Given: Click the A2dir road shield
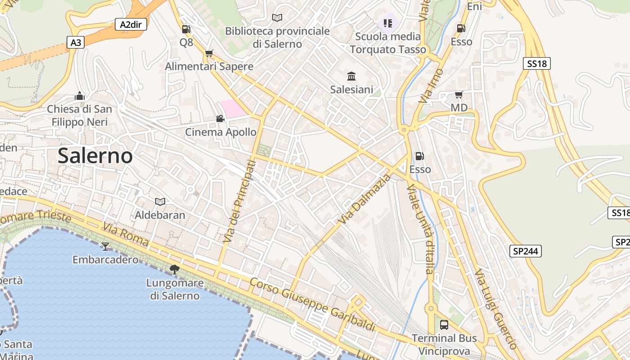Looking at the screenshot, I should click(130, 24).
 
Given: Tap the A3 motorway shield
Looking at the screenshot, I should click(76, 43).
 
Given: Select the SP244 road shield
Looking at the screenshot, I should click(525, 251).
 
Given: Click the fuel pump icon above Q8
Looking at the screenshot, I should click(186, 29).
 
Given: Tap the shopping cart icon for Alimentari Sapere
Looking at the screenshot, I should click(209, 54).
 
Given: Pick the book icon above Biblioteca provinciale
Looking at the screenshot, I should click(277, 18).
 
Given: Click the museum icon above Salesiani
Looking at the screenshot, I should click(351, 76).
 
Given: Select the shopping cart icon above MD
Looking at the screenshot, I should click(459, 94).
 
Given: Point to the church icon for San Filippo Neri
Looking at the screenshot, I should click(80, 96).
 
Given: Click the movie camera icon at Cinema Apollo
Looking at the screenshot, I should click(220, 119).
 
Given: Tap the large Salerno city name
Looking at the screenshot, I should click(95, 156).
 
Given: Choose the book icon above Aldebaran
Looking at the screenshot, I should click(160, 202).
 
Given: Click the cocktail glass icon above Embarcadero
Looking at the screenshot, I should click(105, 246).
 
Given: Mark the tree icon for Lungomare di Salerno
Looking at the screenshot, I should click(174, 270).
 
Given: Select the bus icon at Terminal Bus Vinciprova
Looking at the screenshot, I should click(444, 325).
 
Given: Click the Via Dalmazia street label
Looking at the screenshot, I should click(365, 199).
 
